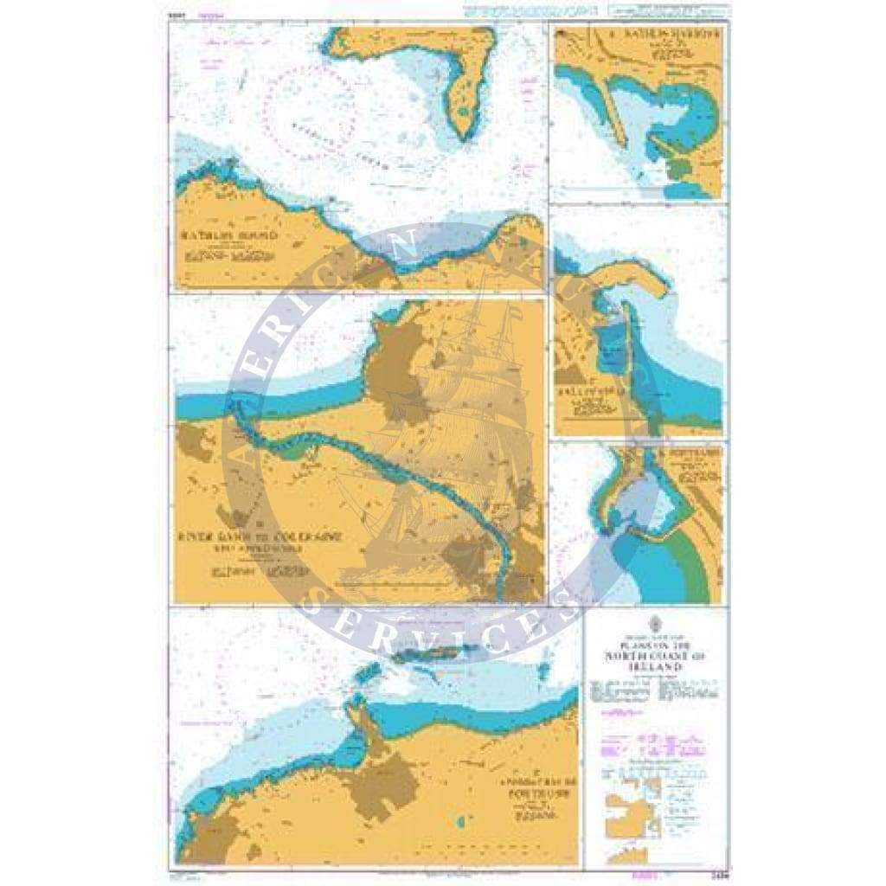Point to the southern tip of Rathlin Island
tap(465, 136)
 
